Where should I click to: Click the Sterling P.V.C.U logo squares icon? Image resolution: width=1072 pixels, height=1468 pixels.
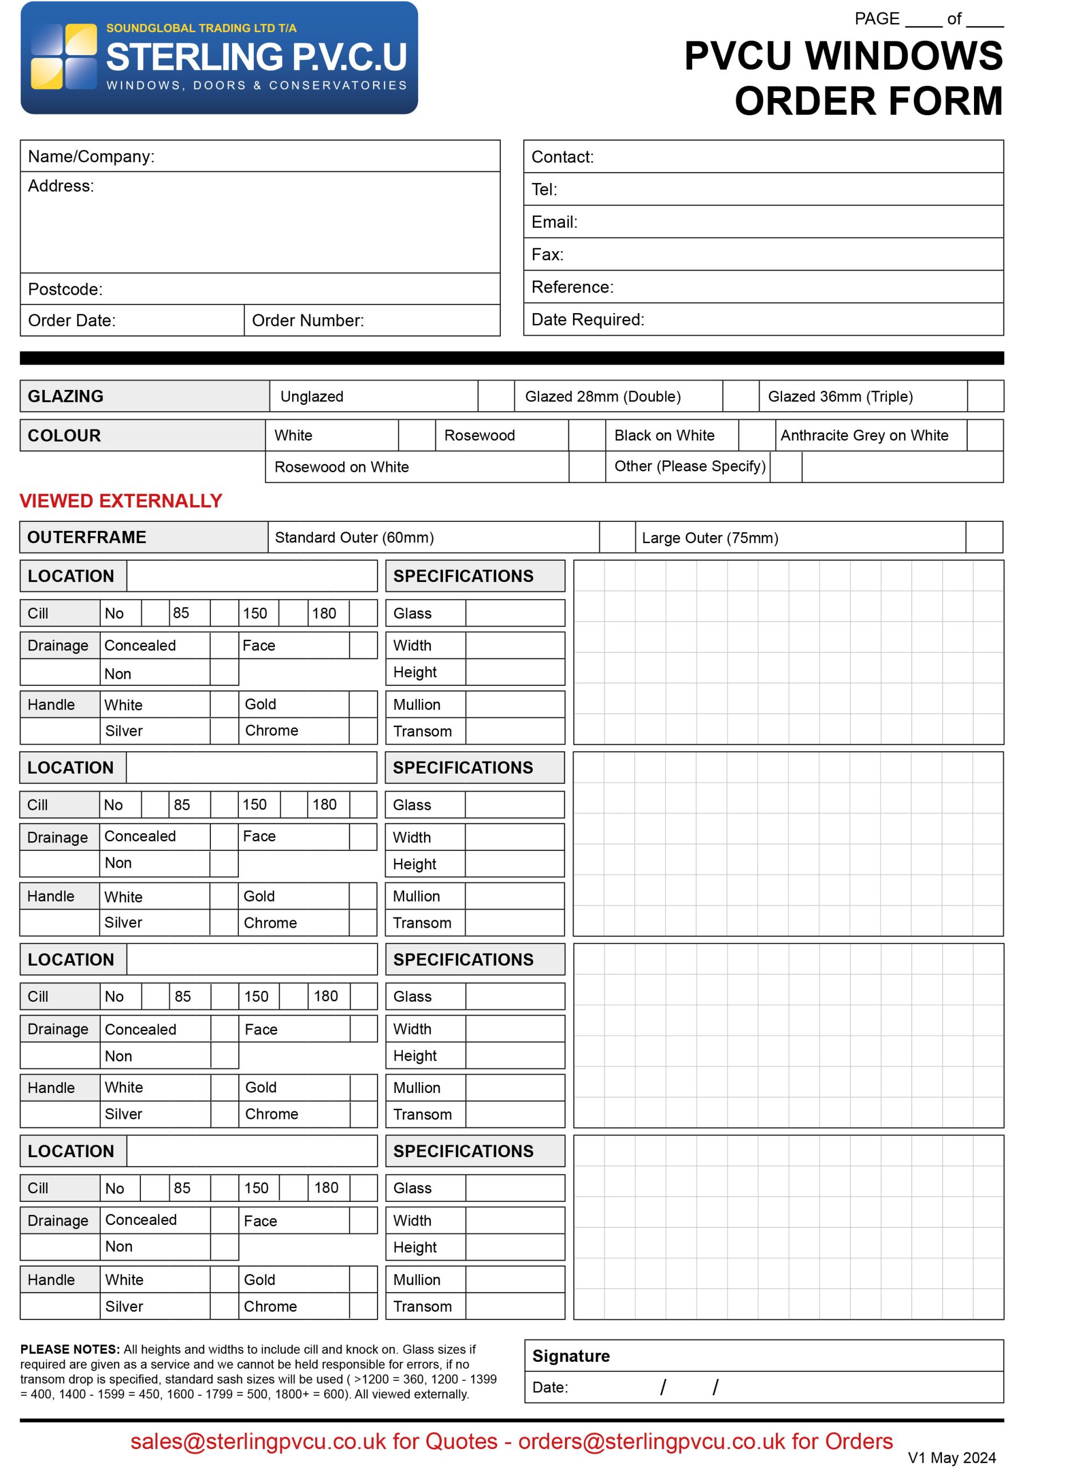(63, 57)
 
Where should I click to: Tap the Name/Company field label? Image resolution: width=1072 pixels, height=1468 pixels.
(91, 157)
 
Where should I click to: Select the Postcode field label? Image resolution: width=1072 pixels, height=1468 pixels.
(65, 289)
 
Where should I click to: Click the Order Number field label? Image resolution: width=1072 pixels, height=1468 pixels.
(308, 320)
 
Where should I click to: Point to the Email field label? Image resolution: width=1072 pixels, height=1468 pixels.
(554, 222)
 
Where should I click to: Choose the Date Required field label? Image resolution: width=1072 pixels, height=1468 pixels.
(587, 319)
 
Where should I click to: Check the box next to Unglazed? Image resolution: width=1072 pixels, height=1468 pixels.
(496, 396)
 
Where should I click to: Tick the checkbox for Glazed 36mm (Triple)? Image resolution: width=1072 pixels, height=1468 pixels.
(985, 396)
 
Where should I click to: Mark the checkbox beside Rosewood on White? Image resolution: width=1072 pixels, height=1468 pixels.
(587, 467)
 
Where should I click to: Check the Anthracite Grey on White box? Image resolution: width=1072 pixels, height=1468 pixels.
(984, 436)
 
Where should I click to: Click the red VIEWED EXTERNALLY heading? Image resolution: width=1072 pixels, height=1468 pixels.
(121, 501)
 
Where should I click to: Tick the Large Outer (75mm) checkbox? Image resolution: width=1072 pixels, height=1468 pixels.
(984, 537)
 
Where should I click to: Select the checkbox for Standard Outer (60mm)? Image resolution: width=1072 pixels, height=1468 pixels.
(617, 537)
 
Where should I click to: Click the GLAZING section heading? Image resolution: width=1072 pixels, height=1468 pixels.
(65, 396)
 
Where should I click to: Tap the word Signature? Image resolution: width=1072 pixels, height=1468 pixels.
(571, 1356)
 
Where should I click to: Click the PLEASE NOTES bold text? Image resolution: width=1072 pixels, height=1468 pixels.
(70, 1349)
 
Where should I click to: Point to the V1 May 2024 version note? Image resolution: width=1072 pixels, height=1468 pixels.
(951, 1458)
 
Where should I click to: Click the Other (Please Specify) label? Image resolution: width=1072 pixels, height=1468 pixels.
(690, 466)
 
